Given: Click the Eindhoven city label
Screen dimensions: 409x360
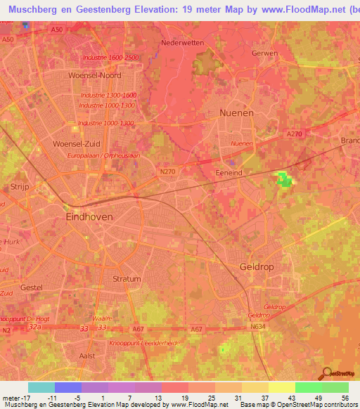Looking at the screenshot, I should click(x=89, y=218).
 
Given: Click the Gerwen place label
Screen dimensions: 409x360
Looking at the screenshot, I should click(x=264, y=53).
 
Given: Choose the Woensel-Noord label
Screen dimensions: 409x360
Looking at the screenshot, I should click(x=94, y=75).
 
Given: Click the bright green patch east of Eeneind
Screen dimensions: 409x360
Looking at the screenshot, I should click(x=284, y=180).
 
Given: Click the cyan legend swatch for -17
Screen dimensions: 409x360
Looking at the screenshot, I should click(x=41, y=387).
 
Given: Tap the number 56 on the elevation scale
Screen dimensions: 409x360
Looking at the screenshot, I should click(x=344, y=398).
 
